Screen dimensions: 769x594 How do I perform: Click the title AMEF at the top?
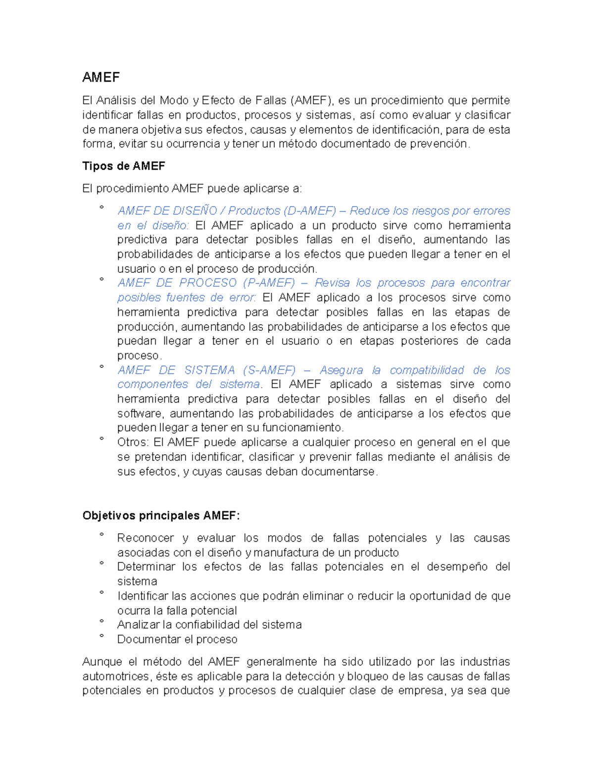[x=101, y=77]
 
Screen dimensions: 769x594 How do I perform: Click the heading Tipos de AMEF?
[x=123, y=166]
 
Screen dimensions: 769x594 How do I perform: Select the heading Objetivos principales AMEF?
[x=161, y=515]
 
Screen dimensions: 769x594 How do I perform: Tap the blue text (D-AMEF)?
[x=310, y=211]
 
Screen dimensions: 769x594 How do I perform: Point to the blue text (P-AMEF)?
[x=269, y=283]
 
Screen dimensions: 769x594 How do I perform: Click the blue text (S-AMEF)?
[x=270, y=370]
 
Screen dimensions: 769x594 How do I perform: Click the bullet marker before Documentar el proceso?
[x=101, y=636]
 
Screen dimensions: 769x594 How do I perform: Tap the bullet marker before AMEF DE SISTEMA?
[x=101, y=367]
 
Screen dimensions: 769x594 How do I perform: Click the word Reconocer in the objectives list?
[x=145, y=538]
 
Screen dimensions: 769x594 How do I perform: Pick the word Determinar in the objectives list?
[x=146, y=566]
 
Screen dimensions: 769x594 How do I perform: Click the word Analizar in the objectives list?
[x=138, y=625]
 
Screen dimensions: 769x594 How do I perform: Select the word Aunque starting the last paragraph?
[x=102, y=662]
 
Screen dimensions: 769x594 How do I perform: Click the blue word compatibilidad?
[x=427, y=370]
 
